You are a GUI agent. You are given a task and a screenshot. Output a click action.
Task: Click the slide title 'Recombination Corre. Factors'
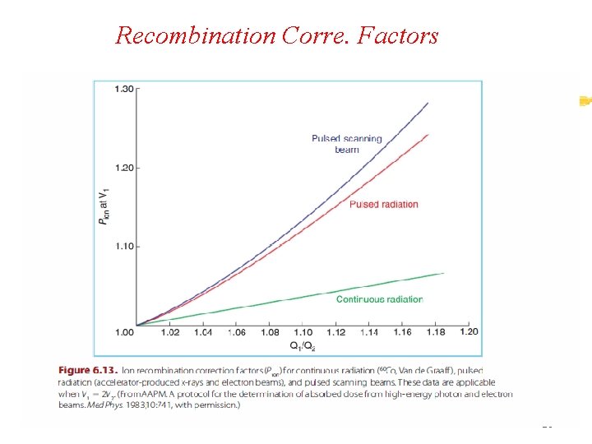pyautogui.click(x=277, y=35)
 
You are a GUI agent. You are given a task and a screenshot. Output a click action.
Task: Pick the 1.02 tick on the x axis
pyautogui.click(x=169, y=332)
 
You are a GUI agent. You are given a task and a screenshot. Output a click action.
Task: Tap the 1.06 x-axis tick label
pyautogui.click(x=236, y=332)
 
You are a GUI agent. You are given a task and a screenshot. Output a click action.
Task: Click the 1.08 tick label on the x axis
pyautogui.click(x=269, y=332)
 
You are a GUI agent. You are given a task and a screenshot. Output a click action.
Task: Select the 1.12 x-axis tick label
pyautogui.click(x=335, y=332)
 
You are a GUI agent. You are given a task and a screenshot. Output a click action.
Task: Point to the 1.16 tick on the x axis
pyautogui.click(x=402, y=332)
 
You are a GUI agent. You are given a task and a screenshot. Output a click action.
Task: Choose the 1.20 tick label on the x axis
pyautogui.click(x=468, y=331)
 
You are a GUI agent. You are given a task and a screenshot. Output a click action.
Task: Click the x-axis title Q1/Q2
pyautogui.click(x=302, y=345)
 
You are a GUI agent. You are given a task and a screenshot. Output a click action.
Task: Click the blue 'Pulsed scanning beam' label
pyautogui.click(x=346, y=144)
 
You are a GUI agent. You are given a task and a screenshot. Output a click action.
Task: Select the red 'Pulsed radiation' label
pyautogui.click(x=383, y=204)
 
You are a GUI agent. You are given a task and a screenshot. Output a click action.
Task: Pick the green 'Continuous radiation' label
pyautogui.click(x=379, y=299)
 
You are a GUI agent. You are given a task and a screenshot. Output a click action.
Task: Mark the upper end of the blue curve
pyautogui.click(x=428, y=103)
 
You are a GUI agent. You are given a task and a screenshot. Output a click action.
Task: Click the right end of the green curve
pyautogui.click(x=444, y=273)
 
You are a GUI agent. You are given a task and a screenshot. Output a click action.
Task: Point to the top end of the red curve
pyautogui.click(x=428, y=135)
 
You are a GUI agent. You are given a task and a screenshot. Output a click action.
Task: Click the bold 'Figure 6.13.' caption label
pyautogui.click(x=91, y=371)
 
